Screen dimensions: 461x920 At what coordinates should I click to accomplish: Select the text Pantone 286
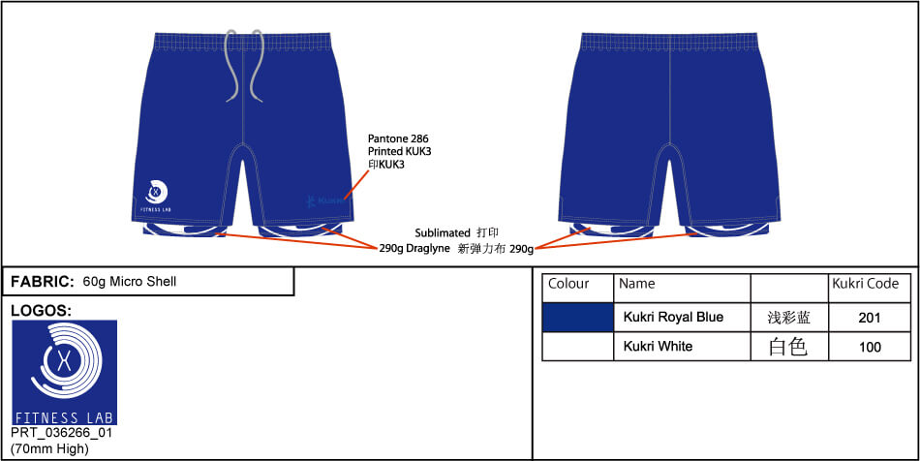tap(398, 139)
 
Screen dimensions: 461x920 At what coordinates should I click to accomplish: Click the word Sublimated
tap(441, 233)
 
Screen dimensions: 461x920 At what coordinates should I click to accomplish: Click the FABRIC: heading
tap(42, 282)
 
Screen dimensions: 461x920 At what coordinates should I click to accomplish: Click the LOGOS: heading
tap(41, 310)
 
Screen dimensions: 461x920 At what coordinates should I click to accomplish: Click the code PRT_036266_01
tap(61, 433)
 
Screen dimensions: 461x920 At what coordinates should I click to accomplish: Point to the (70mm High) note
tap(49, 448)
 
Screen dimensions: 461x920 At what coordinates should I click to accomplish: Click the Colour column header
tap(568, 284)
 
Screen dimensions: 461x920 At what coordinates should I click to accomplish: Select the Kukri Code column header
tap(866, 284)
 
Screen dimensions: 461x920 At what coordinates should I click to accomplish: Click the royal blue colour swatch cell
tap(577, 318)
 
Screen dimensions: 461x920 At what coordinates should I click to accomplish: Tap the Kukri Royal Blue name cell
tap(673, 318)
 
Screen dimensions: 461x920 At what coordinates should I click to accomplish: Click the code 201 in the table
tap(870, 318)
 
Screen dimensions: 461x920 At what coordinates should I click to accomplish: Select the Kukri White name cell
tap(658, 346)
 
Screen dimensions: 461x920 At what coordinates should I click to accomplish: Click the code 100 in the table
tap(870, 347)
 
